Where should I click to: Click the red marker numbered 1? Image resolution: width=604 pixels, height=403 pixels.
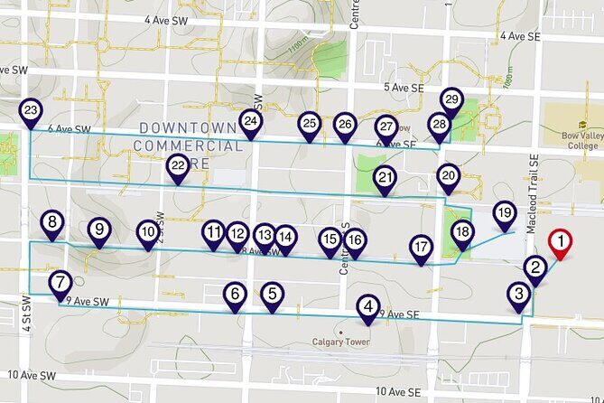pos(561,242)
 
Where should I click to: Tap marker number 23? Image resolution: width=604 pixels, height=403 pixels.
pos(31,112)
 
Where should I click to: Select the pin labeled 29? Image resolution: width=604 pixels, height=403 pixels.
pos(452,100)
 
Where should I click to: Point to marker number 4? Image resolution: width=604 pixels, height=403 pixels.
pos(367,306)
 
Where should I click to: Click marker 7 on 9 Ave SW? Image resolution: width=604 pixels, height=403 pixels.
pos(60,283)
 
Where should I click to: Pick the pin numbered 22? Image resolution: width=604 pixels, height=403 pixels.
pos(178,165)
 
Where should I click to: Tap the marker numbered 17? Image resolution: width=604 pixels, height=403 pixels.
pos(421,247)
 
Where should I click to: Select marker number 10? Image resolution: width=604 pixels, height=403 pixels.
pos(148,233)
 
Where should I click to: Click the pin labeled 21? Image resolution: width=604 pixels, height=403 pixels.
pos(386,178)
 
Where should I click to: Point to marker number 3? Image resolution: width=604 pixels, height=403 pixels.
pos(518,295)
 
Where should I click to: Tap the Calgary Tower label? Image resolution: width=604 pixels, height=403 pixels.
pos(342,342)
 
